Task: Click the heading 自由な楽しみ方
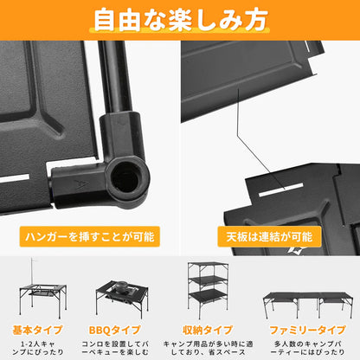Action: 180,20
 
